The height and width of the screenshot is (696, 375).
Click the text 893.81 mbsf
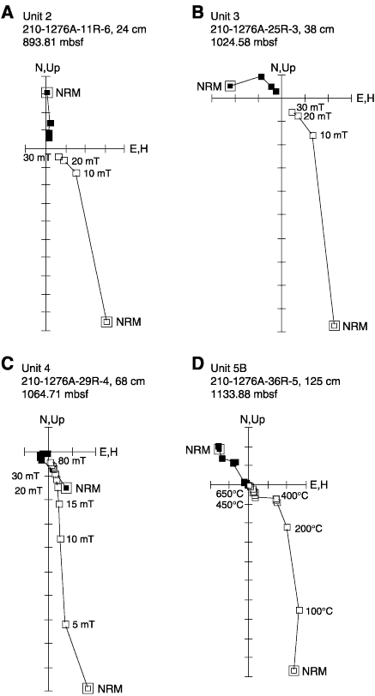50,43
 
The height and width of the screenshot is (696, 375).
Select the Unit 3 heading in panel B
224,16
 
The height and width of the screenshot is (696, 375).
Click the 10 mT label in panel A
97,173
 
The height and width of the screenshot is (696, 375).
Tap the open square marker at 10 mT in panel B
313,135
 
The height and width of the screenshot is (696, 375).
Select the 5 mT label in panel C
83,624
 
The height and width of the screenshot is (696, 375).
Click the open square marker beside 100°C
299,610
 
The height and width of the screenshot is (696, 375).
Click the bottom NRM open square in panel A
106,321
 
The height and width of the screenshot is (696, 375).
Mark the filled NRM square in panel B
230,86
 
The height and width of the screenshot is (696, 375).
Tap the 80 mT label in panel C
72,461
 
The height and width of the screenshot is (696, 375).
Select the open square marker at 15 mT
58,504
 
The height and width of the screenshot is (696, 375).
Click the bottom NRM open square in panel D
293,670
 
